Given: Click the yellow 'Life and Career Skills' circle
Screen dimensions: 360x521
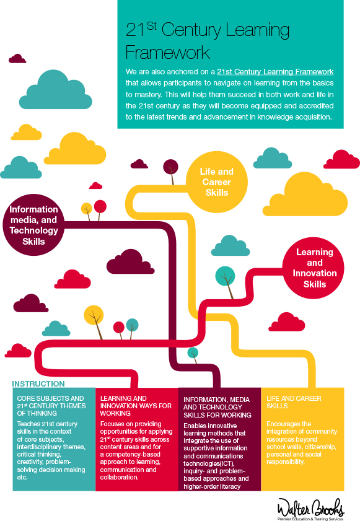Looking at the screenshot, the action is point(217,182).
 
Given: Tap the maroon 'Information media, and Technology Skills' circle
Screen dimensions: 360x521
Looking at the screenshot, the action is point(33,225).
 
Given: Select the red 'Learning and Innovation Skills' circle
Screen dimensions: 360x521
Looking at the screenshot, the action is point(314,268).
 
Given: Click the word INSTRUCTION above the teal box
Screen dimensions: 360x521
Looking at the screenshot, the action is point(38,383).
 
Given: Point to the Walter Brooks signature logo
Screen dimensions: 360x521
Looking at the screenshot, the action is point(311,509).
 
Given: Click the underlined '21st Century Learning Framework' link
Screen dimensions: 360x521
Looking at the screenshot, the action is point(275,72).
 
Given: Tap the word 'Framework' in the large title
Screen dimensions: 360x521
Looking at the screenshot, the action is point(168,52).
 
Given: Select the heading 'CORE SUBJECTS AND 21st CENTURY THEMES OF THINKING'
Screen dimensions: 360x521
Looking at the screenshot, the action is point(51,406).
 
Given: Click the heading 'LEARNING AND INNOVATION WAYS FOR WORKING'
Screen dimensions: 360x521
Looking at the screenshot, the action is point(136,406).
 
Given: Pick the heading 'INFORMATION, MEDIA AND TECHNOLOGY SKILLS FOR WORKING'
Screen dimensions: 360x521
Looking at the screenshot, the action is point(217,408).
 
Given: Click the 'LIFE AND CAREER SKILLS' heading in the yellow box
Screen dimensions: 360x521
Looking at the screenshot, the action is point(294,402).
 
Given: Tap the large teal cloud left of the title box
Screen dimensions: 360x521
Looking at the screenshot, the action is point(56,90).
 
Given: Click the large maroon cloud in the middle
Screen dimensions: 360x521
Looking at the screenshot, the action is point(130,262).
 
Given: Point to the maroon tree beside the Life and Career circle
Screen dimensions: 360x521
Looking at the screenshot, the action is point(171,171).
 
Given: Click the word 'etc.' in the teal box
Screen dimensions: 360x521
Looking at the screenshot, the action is point(22,478).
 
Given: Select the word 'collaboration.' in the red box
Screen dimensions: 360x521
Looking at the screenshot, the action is point(120,478).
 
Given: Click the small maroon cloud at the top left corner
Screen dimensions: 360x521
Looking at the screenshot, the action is point(17,59).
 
